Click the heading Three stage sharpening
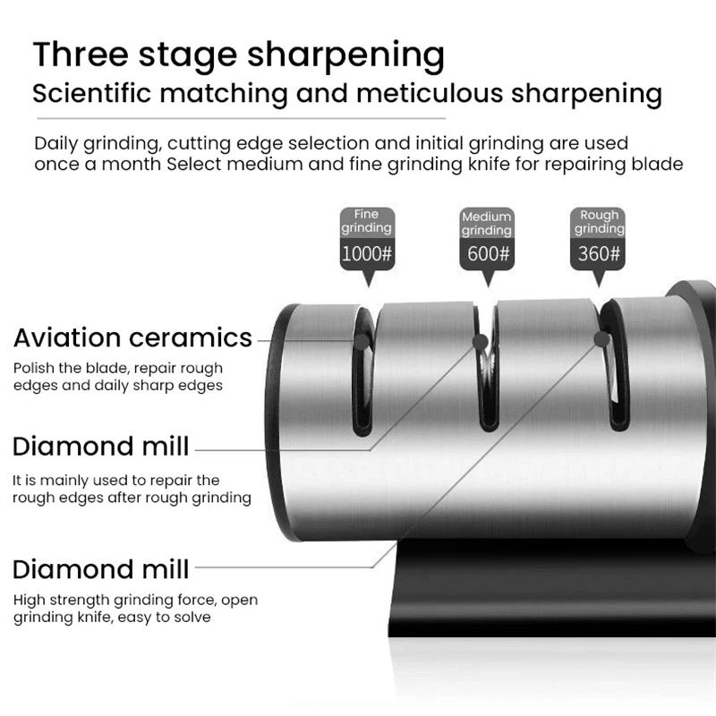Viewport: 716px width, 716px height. (238, 55)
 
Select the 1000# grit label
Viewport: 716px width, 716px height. (367, 253)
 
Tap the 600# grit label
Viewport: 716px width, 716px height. (488, 253)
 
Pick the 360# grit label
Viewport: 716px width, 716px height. (599, 253)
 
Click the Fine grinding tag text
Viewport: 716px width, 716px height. (367, 221)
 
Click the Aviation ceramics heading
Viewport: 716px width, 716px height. (132, 338)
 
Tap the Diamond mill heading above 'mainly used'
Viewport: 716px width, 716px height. (100, 446)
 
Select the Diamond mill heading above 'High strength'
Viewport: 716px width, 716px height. (100, 569)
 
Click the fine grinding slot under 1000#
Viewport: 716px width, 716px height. (362, 376)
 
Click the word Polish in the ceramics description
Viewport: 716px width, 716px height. (32, 368)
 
